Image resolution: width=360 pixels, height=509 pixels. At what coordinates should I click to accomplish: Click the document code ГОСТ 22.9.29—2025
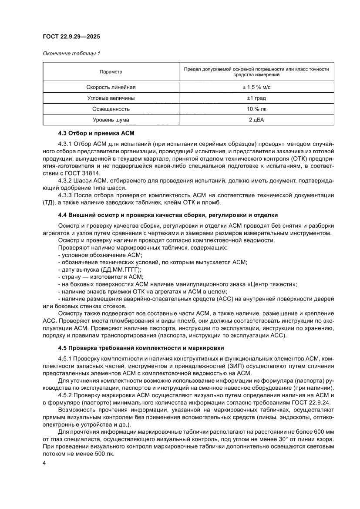pyautogui.click(x=71, y=36)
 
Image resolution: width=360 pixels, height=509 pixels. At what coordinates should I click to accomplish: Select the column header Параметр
pyautogui.click(x=111, y=71)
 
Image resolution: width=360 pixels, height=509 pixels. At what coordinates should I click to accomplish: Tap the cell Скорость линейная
pyautogui.click(x=111, y=87)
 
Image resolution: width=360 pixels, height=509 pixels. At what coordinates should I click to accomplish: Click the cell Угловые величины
pyautogui.click(x=111, y=98)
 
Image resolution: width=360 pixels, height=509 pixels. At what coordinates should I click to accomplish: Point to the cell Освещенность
pyautogui.click(x=111, y=108)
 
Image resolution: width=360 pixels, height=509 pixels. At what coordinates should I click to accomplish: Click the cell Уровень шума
pyautogui.click(x=111, y=119)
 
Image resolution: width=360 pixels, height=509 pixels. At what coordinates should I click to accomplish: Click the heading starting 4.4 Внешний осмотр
pyautogui.click(x=168, y=215)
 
